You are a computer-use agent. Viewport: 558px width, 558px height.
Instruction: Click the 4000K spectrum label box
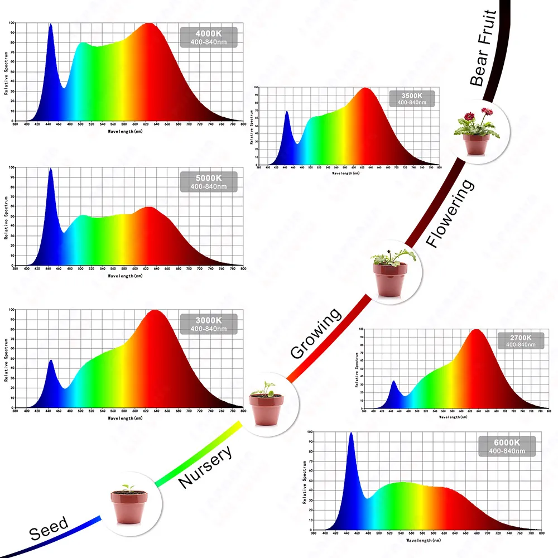click(x=208, y=37)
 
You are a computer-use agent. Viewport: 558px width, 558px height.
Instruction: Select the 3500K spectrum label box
click(x=411, y=98)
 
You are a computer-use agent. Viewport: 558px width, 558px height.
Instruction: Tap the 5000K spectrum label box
click(x=208, y=181)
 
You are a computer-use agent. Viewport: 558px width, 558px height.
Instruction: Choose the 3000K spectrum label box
click(x=208, y=324)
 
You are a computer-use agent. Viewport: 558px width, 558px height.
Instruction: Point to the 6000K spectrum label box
click(x=507, y=446)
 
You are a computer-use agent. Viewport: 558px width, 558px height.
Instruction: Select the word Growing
click(x=315, y=333)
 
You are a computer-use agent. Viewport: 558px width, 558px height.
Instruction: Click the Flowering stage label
click(x=450, y=213)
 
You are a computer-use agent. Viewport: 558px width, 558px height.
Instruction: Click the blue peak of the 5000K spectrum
click(x=50, y=170)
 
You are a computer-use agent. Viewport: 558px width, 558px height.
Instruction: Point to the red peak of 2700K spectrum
click(x=476, y=331)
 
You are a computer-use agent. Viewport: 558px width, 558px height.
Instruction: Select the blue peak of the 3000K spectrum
click(x=51, y=361)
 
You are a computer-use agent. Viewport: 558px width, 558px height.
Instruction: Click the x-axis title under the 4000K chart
click(x=129, y=132)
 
